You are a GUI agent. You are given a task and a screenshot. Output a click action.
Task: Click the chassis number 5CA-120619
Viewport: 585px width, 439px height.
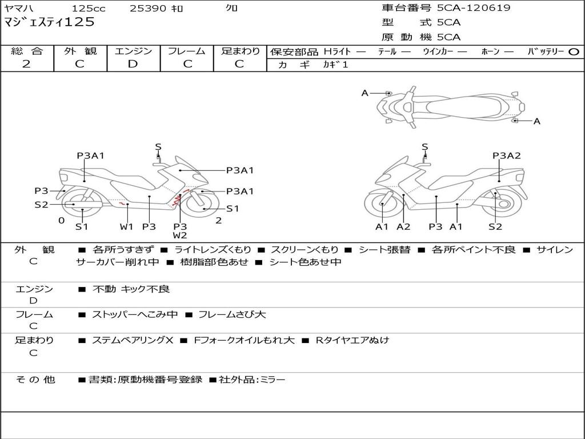[474, 8]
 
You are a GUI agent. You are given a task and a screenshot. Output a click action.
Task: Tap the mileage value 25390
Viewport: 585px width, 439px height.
[147, 8]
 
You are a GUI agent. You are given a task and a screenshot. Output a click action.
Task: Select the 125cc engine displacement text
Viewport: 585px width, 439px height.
[89, 8]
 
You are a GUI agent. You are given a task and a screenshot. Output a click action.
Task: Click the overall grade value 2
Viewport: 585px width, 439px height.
[26, 64]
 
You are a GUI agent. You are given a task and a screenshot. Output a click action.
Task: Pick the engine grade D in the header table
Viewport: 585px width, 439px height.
[133, 64]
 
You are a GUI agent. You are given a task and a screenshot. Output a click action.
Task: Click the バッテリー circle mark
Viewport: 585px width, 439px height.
[574, 52]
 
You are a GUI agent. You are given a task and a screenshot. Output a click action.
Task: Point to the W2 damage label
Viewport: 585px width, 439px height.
[180, 236]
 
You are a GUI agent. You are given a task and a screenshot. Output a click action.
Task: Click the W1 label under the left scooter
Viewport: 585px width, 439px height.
[126, 226]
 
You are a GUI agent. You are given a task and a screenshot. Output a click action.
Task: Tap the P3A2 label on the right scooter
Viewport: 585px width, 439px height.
[506, 155]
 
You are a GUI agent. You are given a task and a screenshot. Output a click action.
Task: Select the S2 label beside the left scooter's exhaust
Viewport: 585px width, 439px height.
[41, 205]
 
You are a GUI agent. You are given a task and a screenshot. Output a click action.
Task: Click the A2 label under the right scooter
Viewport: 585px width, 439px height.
[403, 226]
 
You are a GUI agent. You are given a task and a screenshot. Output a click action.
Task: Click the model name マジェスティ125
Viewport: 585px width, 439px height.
[49, 22]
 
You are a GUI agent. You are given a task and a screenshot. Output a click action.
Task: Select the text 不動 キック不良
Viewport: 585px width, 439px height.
[131, 289]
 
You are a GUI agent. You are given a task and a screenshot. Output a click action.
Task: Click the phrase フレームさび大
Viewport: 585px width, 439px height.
[232, 315]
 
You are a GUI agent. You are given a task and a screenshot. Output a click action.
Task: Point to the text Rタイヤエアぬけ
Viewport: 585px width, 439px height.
[352, 340]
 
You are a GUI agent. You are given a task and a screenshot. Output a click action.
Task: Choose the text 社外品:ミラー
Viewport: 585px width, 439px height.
[252, 380]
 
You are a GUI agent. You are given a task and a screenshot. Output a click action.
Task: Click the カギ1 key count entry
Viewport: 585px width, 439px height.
[335, 65]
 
